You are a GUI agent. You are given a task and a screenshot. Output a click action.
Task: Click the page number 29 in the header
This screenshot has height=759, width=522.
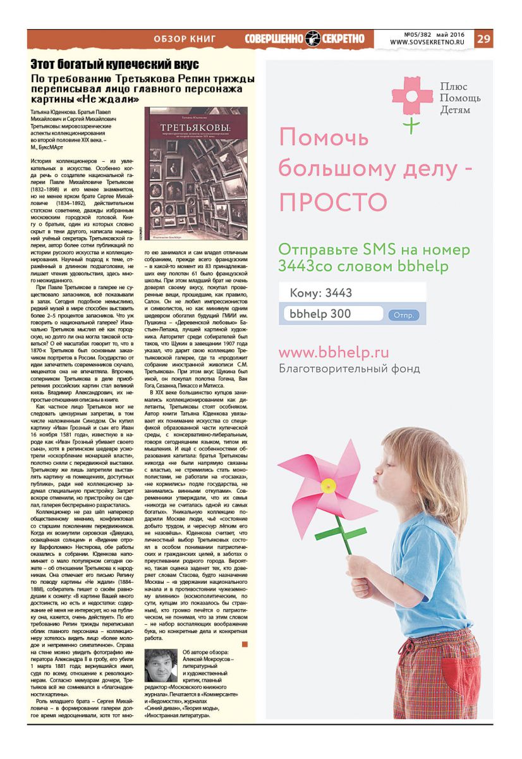483,39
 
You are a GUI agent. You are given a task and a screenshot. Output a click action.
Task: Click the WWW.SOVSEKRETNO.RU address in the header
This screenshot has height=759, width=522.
427,42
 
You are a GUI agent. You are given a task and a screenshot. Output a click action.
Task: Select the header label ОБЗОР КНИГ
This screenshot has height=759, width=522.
185,39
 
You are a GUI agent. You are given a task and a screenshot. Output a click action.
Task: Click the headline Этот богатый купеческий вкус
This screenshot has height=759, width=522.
115,65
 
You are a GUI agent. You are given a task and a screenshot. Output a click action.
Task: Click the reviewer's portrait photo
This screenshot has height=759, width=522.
161,665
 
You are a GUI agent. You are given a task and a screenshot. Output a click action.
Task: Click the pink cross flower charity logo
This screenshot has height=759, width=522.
412,96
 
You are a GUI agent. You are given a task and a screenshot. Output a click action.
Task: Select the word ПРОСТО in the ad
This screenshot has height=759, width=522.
332,202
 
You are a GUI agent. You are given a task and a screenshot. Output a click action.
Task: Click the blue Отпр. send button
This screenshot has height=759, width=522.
403,314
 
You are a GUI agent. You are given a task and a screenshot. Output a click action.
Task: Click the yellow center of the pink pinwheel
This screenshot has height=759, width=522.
327,486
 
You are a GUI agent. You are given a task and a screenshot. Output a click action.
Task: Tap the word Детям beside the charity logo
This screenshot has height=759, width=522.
455,110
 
